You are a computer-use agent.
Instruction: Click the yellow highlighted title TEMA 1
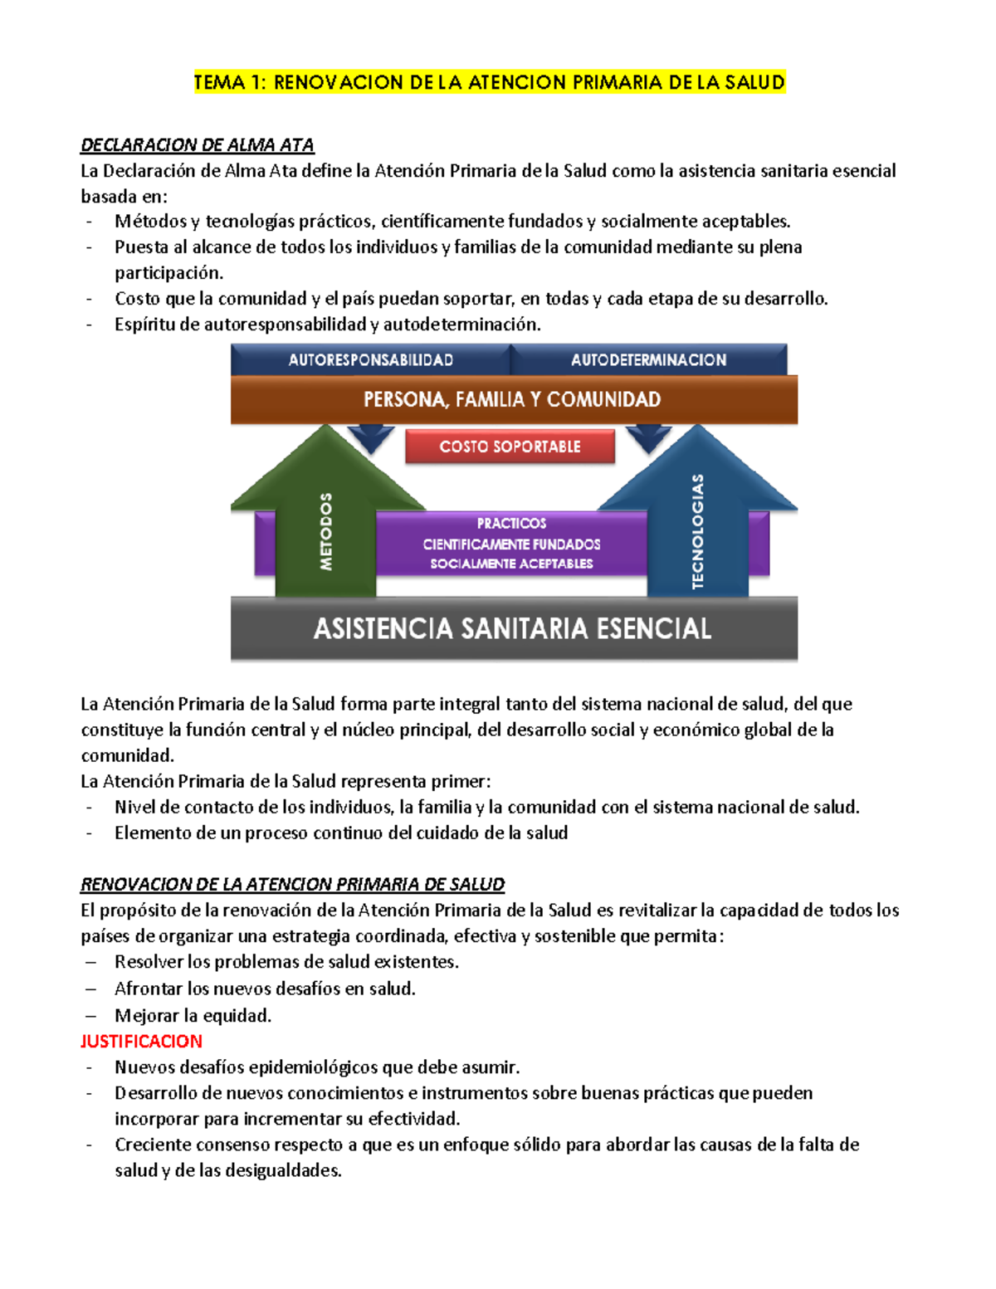coord(489,82)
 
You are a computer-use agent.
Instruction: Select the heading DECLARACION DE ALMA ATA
coord(197,145)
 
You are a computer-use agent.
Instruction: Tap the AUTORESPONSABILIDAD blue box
coord(370,359)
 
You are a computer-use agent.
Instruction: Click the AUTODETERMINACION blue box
coord(648,359)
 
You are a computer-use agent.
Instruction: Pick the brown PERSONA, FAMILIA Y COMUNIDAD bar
coord(512,399)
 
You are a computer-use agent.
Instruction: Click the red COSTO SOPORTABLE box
coord(510,447)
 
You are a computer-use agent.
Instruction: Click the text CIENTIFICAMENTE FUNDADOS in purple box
coord(511,544)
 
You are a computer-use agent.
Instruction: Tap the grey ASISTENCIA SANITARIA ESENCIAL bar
coord(512,628)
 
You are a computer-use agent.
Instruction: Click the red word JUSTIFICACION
coord(141,1041)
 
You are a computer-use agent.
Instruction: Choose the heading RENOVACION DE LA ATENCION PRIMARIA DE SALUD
coord(292,885)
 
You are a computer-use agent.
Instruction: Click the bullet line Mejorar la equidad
coord(193,1015)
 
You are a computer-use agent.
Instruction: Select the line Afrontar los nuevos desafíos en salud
coord(265,989)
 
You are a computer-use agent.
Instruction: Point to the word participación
coord(168,273)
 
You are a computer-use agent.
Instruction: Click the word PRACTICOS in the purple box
coord(511,524)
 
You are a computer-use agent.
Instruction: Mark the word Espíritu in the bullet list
coord(144,325)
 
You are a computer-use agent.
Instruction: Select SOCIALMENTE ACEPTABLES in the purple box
coord(511,564)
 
